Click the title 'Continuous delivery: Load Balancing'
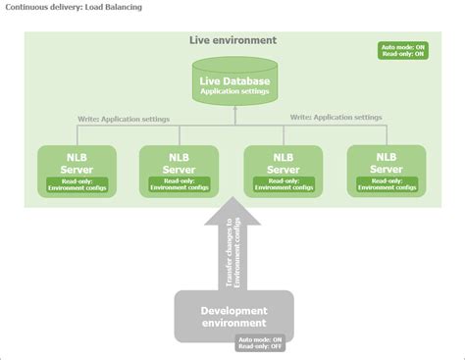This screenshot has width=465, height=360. [74, 7]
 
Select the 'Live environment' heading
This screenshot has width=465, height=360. [232, 40]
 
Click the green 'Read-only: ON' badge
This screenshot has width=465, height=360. [402, 55]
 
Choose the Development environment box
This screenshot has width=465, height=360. [233, 316]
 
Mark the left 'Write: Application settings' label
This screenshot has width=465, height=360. [124, 119]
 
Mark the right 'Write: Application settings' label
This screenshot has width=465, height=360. [336, 117]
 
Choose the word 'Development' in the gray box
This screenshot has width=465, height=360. [233, 310]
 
